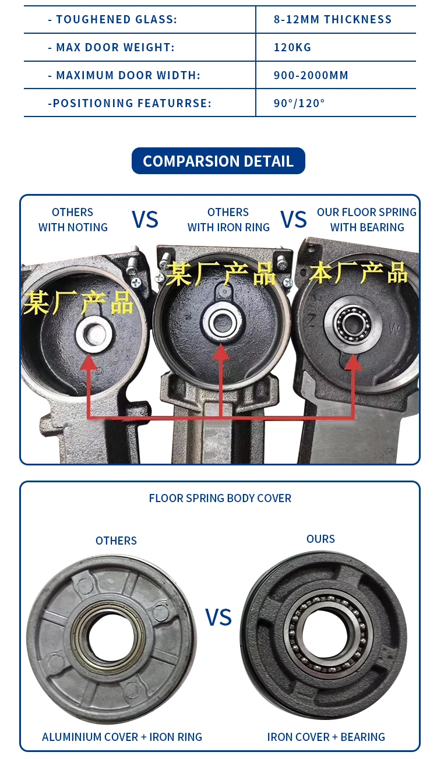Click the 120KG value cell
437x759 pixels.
292,47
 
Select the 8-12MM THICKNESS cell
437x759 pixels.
333,19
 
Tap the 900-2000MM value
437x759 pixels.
311,75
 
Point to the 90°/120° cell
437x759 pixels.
299,103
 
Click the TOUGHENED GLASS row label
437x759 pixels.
112,19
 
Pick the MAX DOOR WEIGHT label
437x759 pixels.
111,47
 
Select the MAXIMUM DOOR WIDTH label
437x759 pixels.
124,75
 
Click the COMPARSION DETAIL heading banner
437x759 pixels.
218,161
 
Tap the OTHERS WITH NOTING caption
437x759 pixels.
73,220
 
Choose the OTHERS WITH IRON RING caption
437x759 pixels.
228,220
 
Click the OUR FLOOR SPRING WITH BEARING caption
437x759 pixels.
367,220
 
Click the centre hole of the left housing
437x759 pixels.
94,334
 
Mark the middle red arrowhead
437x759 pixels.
220,352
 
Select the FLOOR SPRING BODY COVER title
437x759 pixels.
220,498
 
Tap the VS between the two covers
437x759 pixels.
218,617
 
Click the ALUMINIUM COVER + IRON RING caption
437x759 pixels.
122,737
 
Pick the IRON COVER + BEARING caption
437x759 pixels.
326,737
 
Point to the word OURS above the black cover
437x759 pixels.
320,539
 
